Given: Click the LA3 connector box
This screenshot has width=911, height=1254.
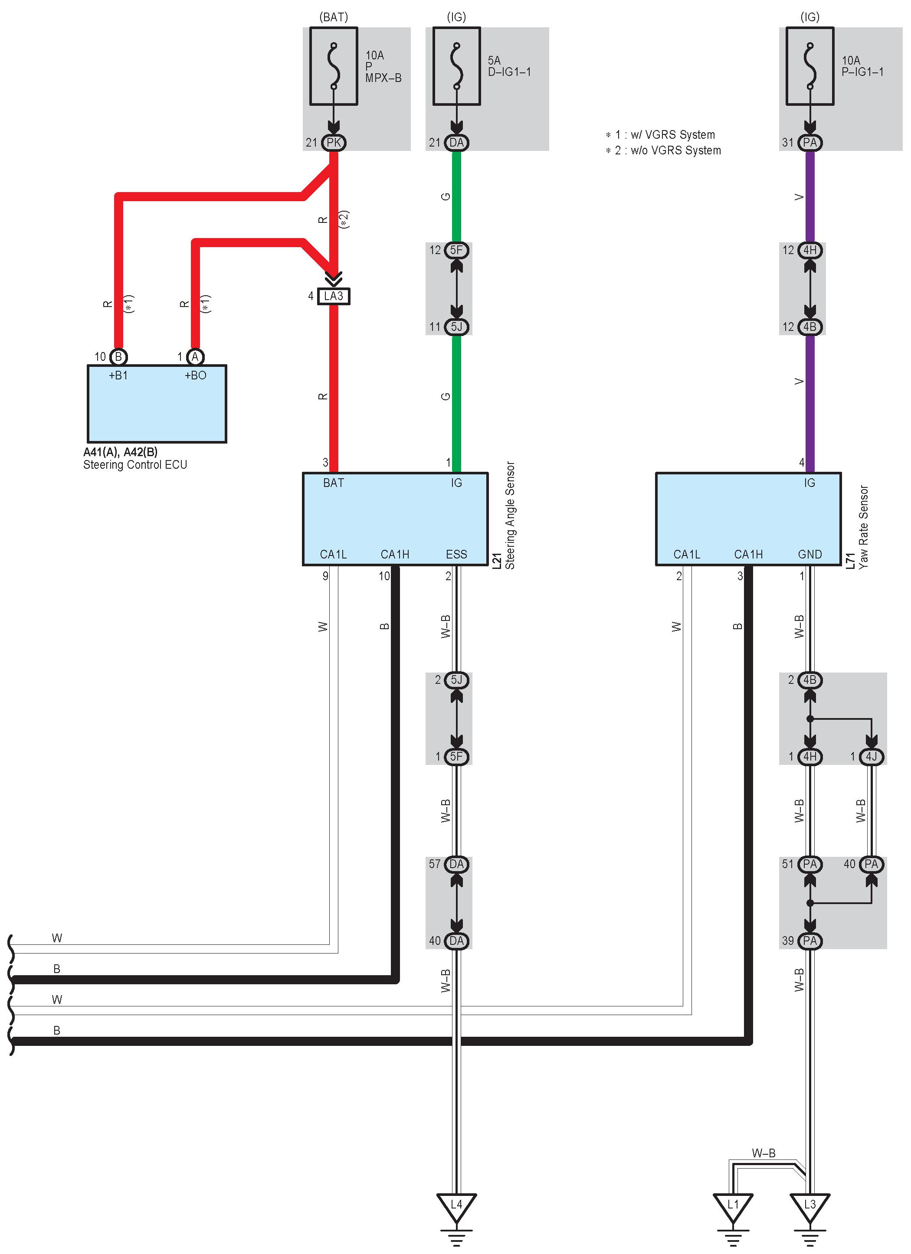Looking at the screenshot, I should tap(334, 296).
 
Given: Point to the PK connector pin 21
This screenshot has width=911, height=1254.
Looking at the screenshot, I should tap(334, 143).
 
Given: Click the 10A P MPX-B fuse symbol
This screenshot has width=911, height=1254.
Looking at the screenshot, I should tap(334, 66).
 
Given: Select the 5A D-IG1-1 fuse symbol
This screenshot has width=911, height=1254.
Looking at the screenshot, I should tap(456, 66).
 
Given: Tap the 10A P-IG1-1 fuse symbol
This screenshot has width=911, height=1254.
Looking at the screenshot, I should tap(810, 66).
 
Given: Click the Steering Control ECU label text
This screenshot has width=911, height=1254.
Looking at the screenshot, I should tap(135, 465).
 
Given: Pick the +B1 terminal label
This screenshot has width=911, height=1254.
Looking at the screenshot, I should tap(118, 376).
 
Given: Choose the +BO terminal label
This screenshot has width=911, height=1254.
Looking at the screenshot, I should tap(195, 376).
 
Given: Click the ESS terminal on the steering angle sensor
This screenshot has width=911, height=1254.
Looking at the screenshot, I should tap(456, 555).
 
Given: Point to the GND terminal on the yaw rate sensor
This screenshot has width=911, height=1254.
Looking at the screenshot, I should tap(810, 555).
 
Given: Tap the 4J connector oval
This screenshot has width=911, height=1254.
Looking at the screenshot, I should tap(871, 756).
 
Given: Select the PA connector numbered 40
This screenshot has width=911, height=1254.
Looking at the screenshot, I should tap(871, 864).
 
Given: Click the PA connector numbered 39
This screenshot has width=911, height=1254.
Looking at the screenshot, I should tap(810, 941).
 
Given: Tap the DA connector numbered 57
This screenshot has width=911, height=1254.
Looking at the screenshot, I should tap(456, 864).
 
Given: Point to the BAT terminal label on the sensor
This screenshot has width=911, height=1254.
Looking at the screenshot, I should tap(334, 483).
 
